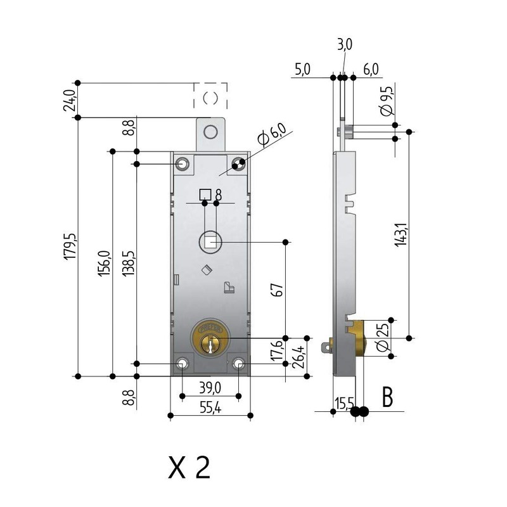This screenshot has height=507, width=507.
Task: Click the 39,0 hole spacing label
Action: click(209, 387)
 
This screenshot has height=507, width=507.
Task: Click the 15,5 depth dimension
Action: click(344, 402)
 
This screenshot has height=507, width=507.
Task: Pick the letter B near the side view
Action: click(387, 398)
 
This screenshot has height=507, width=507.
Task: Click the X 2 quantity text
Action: click(188, 468)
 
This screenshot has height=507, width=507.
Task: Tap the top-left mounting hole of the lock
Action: click(183, 164)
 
